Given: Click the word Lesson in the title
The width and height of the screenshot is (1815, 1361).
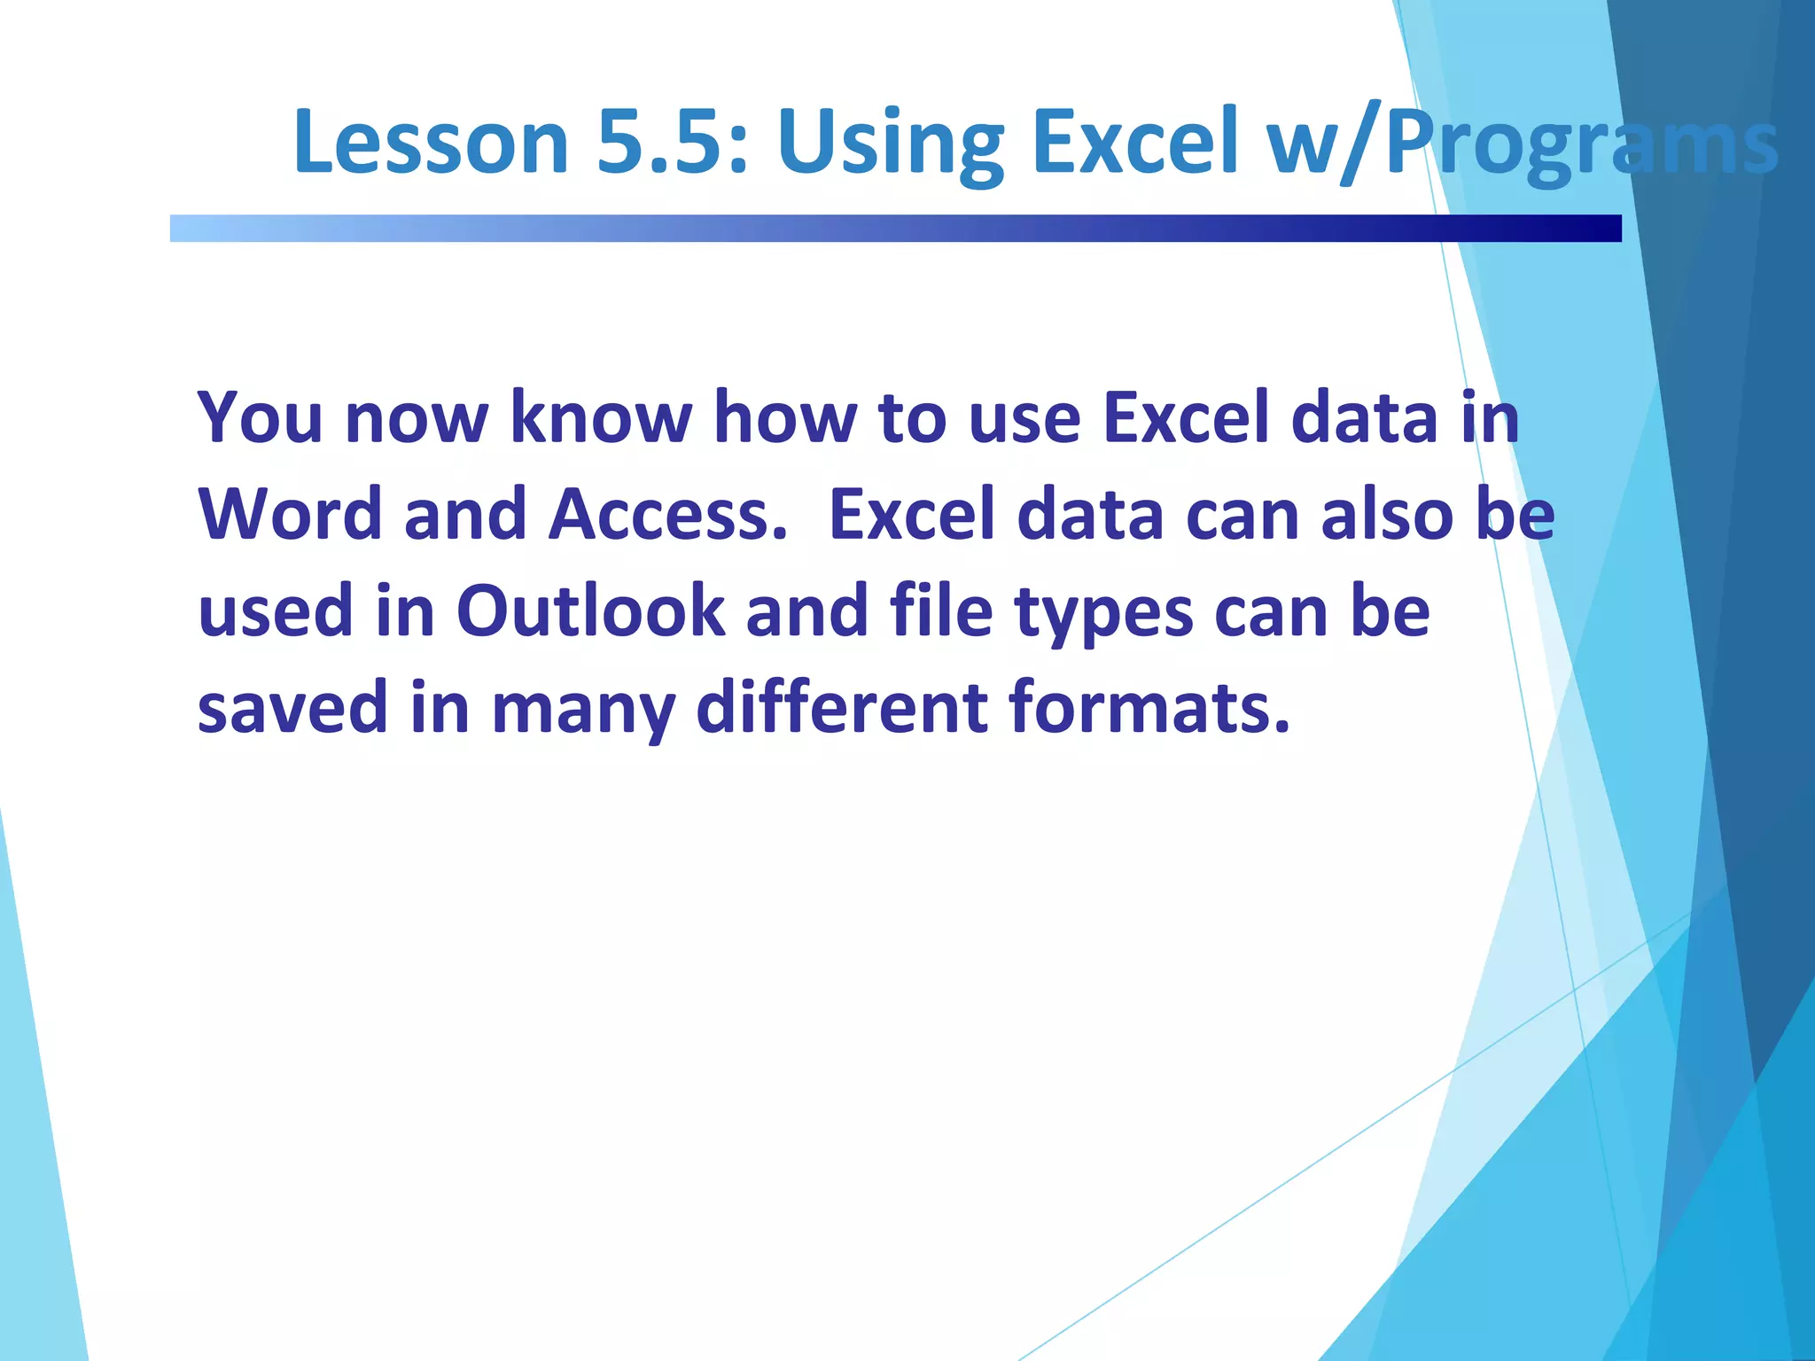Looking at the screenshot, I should tap(431, 142).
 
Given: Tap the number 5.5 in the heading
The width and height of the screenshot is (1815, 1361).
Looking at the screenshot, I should tap(673, 142).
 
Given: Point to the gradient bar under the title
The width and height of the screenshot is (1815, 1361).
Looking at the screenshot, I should tap(895, 228).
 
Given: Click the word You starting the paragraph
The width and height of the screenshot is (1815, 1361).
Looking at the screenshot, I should tap(260, 417).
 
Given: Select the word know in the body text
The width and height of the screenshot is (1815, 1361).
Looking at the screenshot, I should tap(601, 417).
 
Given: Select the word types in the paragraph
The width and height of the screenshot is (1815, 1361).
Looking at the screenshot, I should tap(1104, 614).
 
